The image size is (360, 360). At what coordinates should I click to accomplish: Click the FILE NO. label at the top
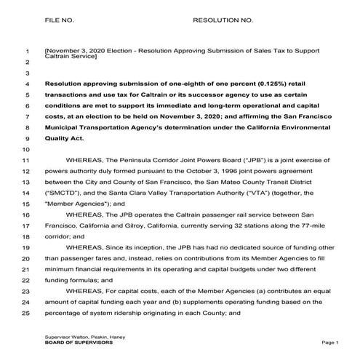pos(60,20)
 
